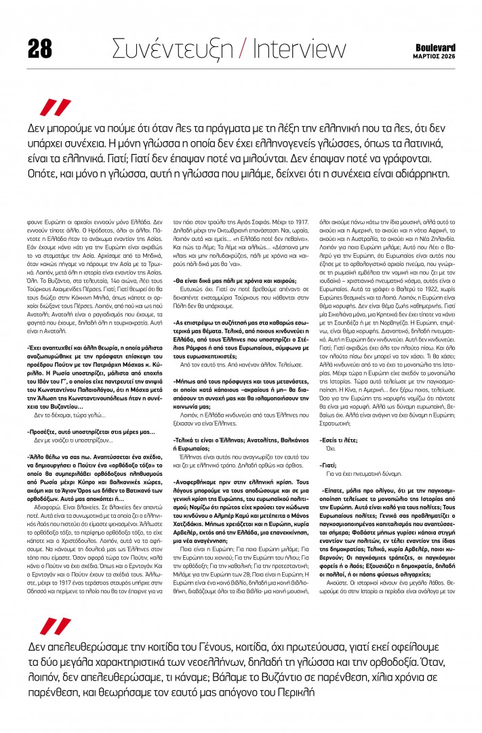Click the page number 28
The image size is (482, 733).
pos(40,47)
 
